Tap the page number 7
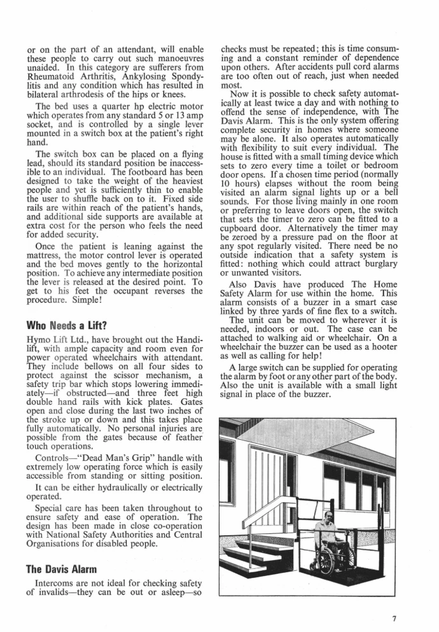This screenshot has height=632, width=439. tap(394, 615)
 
